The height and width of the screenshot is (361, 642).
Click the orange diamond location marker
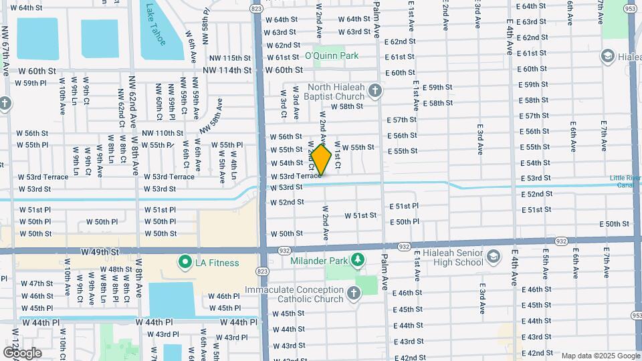point(321,160)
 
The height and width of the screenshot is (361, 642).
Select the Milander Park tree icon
point(358,259)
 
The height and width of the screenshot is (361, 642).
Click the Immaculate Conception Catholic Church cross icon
point(353,293)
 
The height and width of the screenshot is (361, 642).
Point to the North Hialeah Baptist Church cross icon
point(375,90)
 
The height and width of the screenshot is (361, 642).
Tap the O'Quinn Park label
point(332,55)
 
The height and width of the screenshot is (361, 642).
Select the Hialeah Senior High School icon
point(493,257)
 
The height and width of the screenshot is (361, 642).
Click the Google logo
point(22,353)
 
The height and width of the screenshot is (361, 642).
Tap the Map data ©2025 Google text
point(600,356)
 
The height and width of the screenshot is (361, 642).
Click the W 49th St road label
point(100,252)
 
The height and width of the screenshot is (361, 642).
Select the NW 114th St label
point(227,70)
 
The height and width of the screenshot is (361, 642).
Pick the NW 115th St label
point(227,58)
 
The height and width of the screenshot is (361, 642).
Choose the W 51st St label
point(360,215)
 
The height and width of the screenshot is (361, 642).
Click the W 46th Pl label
point(223,296)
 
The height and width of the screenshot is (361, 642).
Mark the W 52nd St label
point(287,202)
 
